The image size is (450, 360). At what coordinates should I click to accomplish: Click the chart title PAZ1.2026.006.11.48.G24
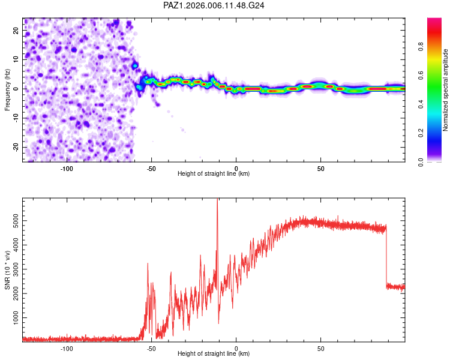pos(214,5)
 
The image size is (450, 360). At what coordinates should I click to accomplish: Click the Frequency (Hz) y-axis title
pos(8,89)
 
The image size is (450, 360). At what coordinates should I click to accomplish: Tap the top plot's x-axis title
pos(214,173)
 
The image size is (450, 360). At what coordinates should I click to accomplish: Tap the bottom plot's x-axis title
pos(214,353)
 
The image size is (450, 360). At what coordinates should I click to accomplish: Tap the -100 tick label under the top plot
pos(67,167)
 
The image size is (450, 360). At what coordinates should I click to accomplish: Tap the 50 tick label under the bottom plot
pos(321,347)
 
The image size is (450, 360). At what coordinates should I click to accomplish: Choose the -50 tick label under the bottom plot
pos(151,347)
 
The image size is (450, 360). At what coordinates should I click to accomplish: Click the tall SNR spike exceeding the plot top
pos(217,204)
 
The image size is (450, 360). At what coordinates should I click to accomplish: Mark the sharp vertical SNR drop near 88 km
pos(386,258)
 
